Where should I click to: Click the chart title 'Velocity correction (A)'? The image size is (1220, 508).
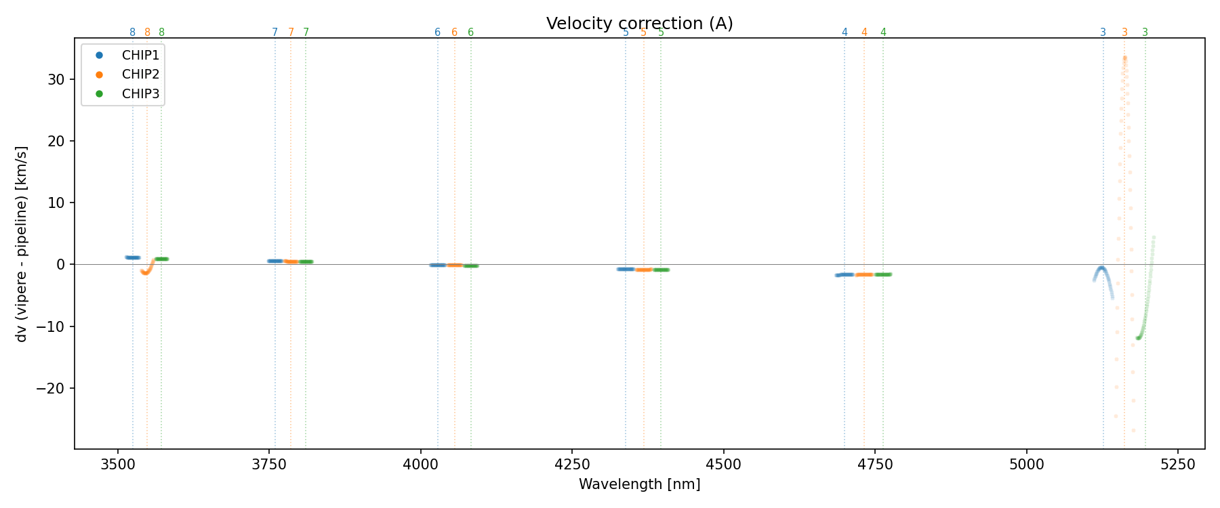click(639, 24)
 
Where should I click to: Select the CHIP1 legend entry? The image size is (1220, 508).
click(140, 55)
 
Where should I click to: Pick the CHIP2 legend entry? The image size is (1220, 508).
click(140, 75)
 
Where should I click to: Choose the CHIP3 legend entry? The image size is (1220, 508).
click(140, 94)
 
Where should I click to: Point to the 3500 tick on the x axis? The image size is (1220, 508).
click(118, 464)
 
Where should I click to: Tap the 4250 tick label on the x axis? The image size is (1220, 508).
click(572, 464)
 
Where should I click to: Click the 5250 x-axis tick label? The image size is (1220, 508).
click(1177, 464)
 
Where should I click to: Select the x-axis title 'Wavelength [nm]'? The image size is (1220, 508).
click(639, 484)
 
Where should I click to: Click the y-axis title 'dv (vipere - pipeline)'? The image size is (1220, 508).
click(22, 244)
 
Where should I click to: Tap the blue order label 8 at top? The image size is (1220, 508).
click(132, 33)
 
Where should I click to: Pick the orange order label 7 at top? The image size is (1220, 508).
click(291, 33)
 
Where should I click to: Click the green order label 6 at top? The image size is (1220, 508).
click(470, 33)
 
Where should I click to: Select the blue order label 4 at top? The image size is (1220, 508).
click(845, 33)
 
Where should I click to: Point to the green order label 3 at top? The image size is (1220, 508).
click(1145, 33)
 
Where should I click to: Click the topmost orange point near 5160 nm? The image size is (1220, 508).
click(1124, 58)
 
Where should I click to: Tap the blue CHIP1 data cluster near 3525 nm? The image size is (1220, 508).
click(133, 257)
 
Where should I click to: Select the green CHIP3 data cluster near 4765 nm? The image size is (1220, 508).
click(883, 274)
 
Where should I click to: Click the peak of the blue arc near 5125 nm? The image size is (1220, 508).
click(1102, 268)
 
